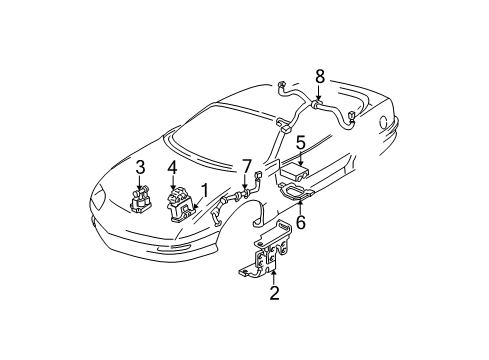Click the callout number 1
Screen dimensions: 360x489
coord(204,188)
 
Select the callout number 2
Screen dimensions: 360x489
coord(273,294)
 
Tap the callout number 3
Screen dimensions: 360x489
coord(141,166)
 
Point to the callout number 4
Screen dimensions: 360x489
coord(173,167)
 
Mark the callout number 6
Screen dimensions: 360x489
coord(300,222)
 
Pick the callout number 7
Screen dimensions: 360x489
coord(245,165)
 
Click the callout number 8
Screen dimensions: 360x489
coord(320,76)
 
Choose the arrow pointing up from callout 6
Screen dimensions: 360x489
coord(300,208)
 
